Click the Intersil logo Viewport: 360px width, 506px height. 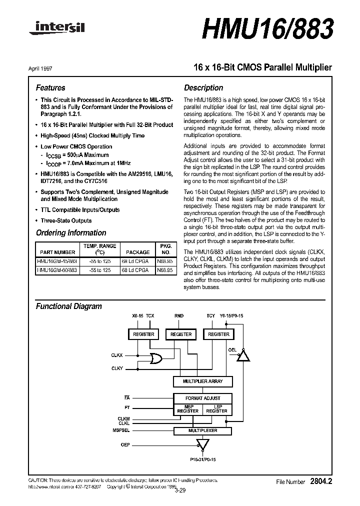pos(56,30)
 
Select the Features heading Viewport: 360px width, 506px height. pos(50,87)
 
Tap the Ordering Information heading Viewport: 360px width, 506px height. pos(71,232)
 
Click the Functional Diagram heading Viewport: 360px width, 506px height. pos(68,306)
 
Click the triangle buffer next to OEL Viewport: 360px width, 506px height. pos(243,355)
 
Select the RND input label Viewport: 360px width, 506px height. pos(179,316)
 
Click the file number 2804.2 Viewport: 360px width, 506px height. pos(320,481)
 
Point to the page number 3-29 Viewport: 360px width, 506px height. pos(179,490)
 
